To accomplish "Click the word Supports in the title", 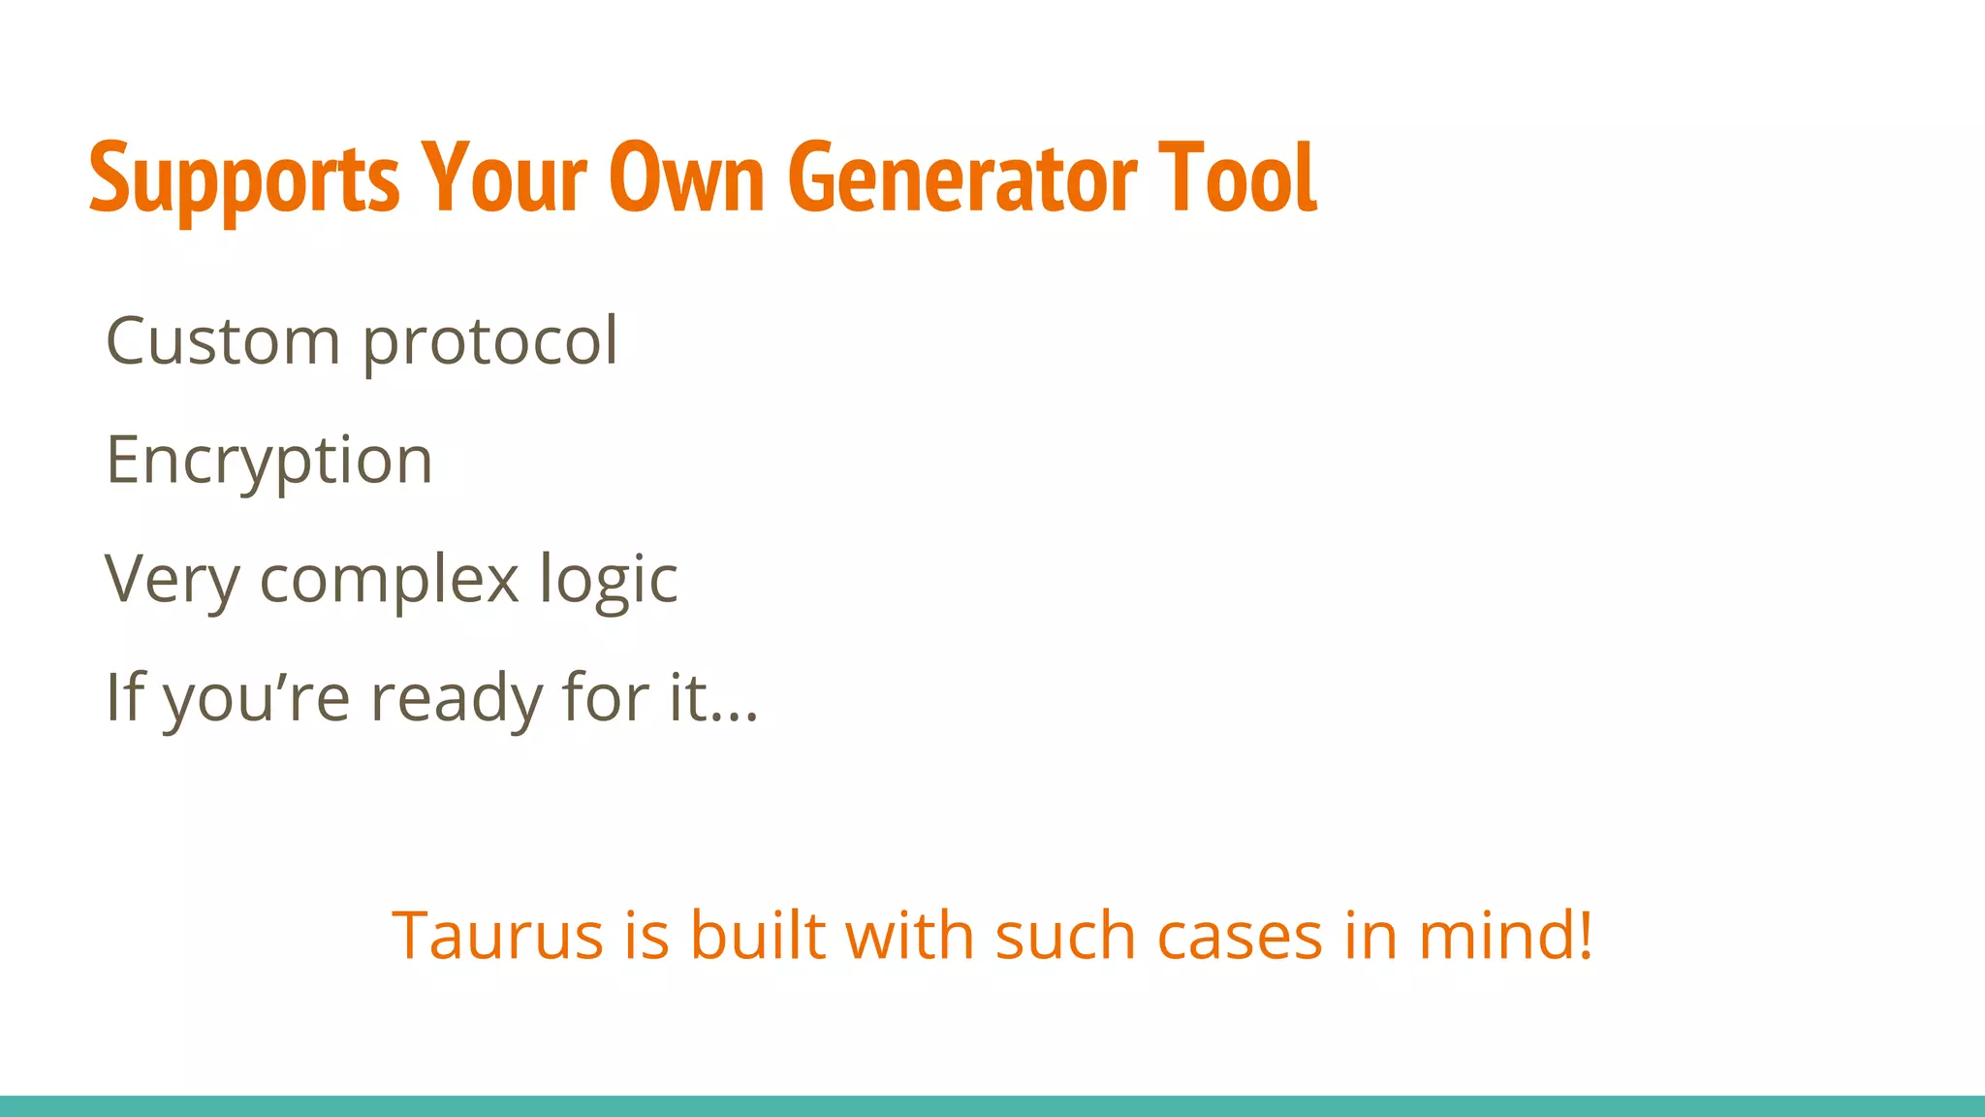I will click(x=243, y=178).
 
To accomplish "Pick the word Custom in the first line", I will click(x=222, y=341).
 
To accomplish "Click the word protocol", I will click(x=489, y=343).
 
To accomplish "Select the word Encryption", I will click(x=268, y=462).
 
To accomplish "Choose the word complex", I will click(x=390, y=580).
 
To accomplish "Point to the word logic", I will click(x=608, y=580).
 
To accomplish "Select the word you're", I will click(x=256, y=698).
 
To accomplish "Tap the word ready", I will click(x=456, y=698).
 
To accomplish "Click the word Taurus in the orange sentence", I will click(x=497, y=936).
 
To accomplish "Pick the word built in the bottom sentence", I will click(x=757, y=936).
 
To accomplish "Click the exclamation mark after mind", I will click(x=1585, y=936).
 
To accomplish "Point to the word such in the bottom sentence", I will click(x=1065, y=936).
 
